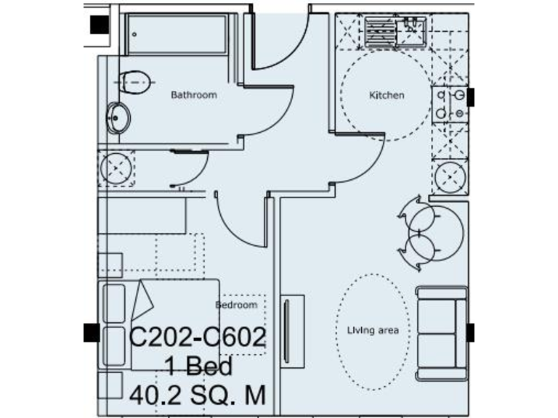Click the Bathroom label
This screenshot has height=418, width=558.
point(193,95)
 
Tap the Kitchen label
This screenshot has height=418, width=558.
point(387,95)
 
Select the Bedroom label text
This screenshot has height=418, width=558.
point(237,306)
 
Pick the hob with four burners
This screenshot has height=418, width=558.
point(450,104)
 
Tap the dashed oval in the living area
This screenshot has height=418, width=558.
point(376,330)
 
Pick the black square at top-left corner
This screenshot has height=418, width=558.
point(99,24)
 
